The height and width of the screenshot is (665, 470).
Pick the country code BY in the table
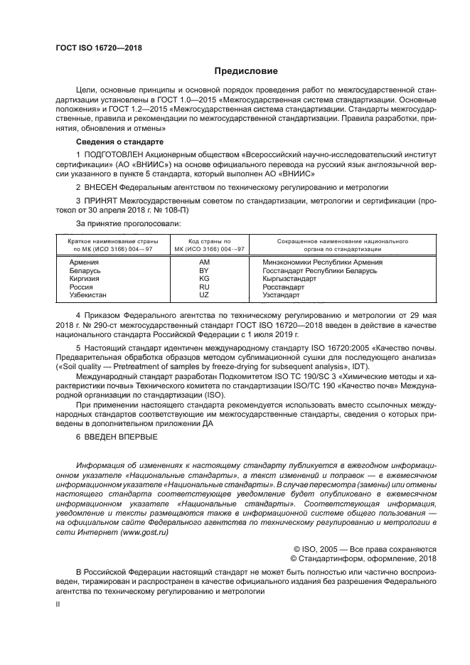coord(203,271)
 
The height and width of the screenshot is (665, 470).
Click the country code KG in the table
coord(203,279)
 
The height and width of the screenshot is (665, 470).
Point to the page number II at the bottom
coord(58,603)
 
